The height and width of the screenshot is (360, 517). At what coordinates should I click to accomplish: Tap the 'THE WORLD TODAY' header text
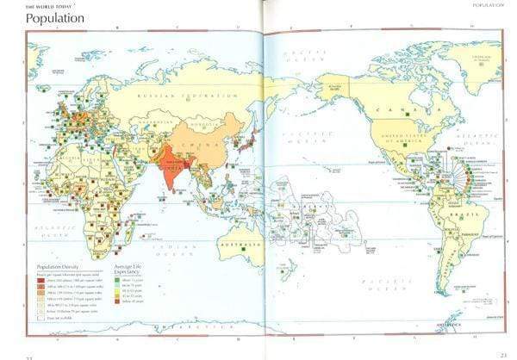(x=48, y=6)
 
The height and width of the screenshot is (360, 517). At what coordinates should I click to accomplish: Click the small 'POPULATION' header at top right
(x=485, y=6)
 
